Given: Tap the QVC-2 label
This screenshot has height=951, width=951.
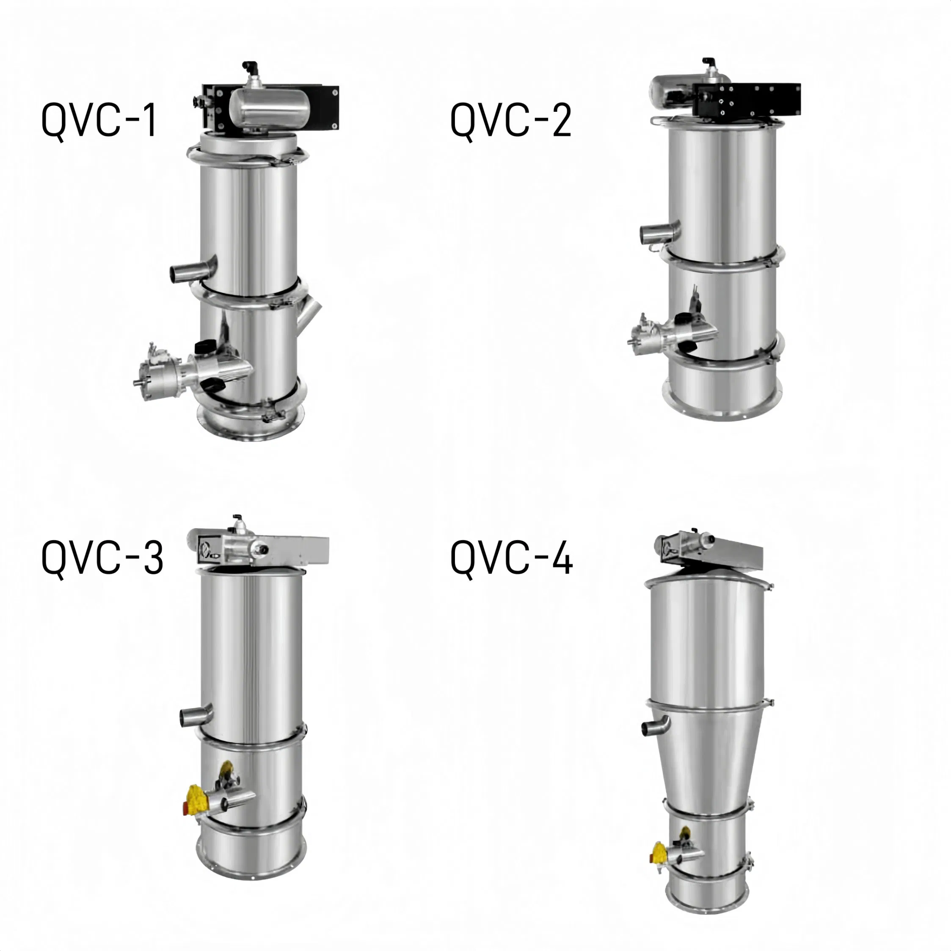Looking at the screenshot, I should click(x=510, y=121).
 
